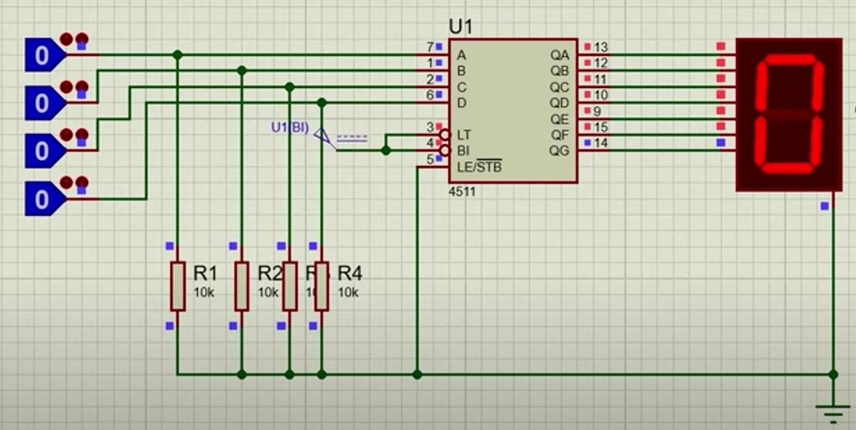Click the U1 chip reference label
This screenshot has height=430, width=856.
coord(463,27)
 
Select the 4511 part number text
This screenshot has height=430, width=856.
coord(463,192)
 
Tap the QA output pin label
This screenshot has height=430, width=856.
coord(559,56)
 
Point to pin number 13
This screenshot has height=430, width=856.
coord(601,47)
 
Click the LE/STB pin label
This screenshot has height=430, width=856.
coord(480,167)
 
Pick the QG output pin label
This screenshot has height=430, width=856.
coord(559,151)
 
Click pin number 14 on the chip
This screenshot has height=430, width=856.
coord(601,143)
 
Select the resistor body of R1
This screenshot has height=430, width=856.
coord(178,285)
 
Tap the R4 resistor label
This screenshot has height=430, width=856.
coord(350,273)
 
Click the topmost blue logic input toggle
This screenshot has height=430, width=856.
coord(42,56)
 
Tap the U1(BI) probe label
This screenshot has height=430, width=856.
coord(289,128)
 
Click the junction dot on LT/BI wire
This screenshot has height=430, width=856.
coord(386,150)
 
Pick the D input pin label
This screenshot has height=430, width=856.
coord(461,103)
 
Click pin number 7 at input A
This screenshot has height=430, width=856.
coord(430,47)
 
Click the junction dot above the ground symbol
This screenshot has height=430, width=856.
coord(833,374)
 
